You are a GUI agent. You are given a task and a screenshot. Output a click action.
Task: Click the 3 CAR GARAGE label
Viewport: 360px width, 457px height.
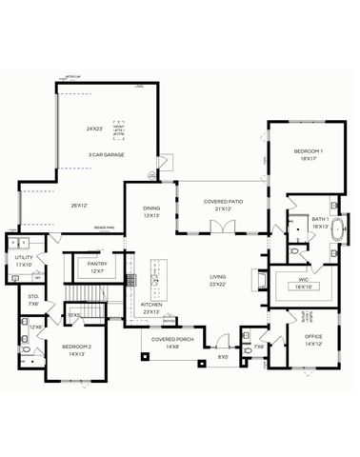point(107,154)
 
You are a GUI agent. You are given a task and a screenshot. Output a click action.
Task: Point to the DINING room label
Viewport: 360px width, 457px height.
point(152,209)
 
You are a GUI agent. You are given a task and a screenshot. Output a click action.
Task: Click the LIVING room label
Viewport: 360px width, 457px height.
point(219,278)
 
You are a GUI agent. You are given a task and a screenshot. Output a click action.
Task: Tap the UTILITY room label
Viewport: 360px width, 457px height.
point(25,258)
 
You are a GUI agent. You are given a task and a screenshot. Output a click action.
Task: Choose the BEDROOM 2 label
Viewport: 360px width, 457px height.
point(76,348)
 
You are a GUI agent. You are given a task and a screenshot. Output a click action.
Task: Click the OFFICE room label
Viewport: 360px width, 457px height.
point(313,337)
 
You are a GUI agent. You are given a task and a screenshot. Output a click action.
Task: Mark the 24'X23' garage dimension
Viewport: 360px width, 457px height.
point(94,129)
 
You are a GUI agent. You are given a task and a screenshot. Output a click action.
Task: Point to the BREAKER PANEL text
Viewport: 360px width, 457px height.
point(105,228)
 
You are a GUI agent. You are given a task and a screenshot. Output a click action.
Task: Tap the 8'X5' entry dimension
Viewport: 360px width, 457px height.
point(223,357)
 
